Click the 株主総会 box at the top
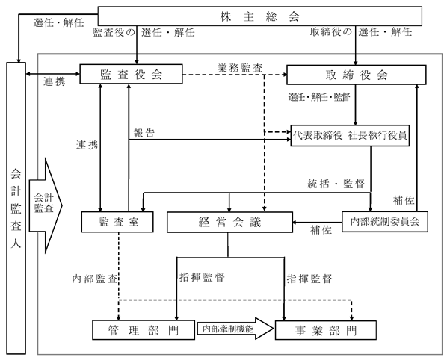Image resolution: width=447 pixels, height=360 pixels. pos(259,16)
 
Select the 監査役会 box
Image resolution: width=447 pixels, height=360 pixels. pos(131,74)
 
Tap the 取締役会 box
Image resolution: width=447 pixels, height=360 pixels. pos(357,75)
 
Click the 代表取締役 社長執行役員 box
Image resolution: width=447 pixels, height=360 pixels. pos(350,136)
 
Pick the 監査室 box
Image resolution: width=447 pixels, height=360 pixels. pos(117,222)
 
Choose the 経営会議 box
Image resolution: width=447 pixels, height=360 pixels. pos(229,222)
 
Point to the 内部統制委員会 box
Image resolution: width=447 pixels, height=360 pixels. pos(385,222)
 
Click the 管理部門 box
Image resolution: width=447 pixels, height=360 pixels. pos(144,330)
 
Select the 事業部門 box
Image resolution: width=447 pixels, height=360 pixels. pos(326,330)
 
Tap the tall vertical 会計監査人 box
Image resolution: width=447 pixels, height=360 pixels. pos(16,208)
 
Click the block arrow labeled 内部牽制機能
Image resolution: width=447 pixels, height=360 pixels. pos(235,329)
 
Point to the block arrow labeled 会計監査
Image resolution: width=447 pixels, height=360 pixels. pos(46,205)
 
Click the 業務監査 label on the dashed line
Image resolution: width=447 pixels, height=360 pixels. pos(240,69)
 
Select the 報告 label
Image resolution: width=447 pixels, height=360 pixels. pos(144,133)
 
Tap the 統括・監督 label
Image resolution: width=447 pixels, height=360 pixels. pos(336,184)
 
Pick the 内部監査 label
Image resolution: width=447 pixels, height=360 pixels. pos(95,279)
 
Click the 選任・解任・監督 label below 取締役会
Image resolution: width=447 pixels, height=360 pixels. pos(319,97)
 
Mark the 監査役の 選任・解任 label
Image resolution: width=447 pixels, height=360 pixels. pos(144,32)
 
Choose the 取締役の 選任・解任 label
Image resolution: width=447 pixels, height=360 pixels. pos(361,32)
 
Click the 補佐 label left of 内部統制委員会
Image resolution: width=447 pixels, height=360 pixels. pos(321,229)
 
